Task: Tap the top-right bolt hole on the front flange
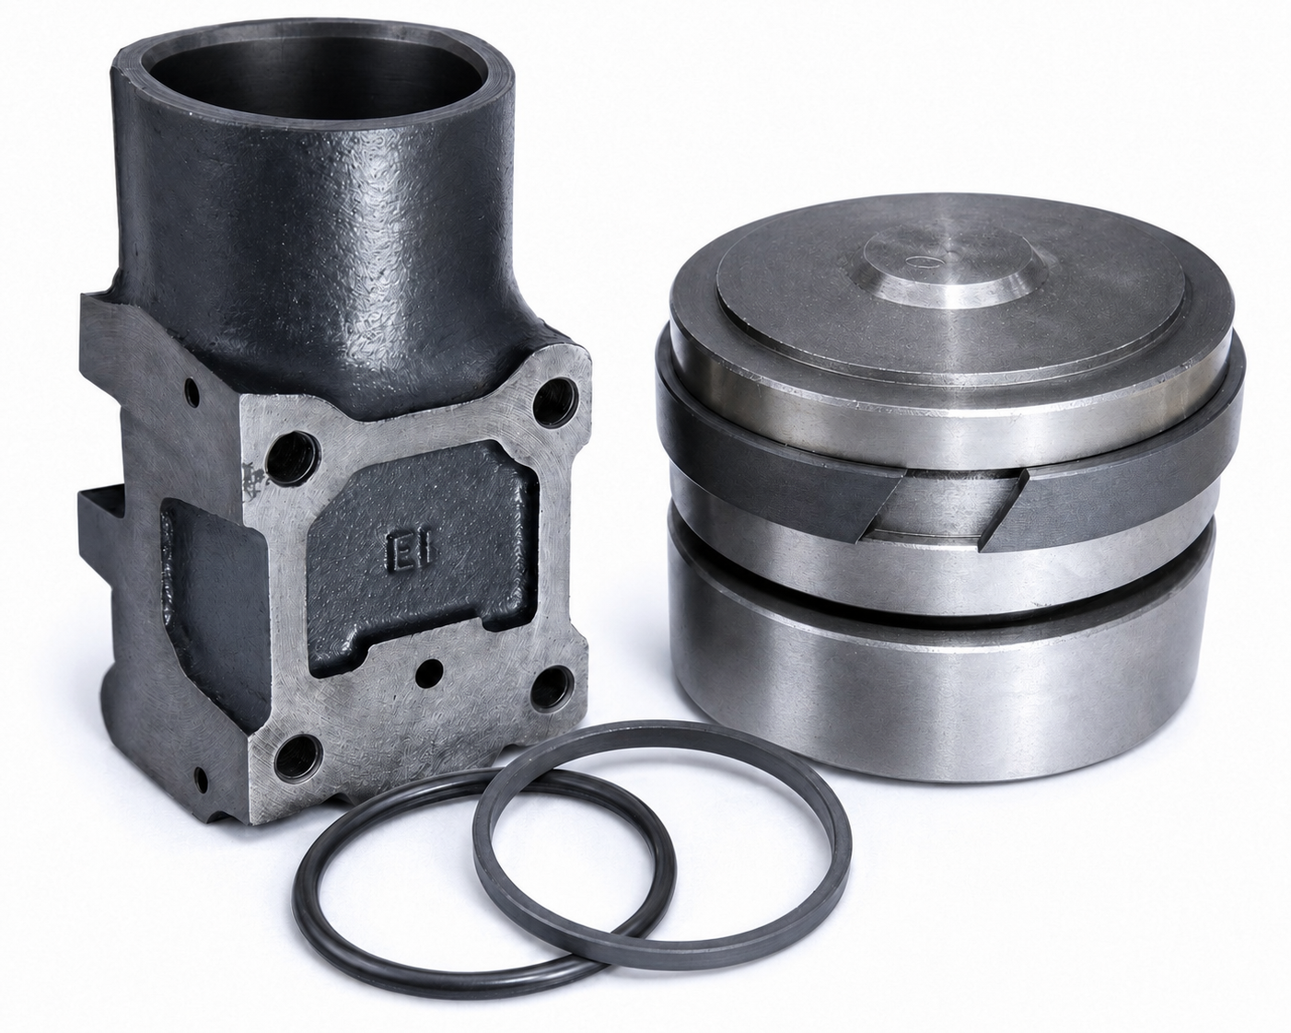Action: click(554, 401)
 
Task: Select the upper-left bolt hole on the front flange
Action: click(291, 457)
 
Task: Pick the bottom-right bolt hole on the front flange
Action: click(552, 688)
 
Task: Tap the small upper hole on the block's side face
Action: click(192, 391)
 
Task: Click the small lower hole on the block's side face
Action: click(202, 779)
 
